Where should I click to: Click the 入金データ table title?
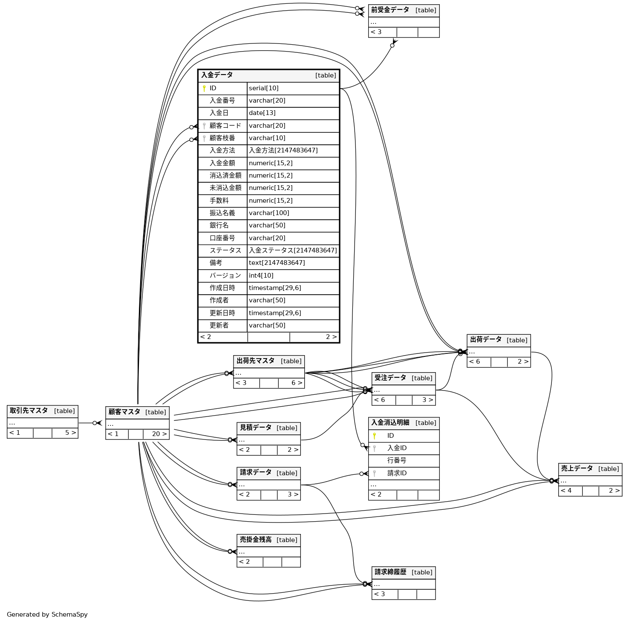(217, 75)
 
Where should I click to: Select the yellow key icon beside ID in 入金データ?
(204, 89)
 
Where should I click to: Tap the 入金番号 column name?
(222, 101)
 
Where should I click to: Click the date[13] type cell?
(262, 113)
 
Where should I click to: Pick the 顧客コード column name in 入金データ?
(225, 126)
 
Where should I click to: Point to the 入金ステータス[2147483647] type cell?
(293, 251)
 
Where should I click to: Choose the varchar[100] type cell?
(269, 213)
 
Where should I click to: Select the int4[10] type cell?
(261, 276)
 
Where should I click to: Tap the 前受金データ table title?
(390, 10)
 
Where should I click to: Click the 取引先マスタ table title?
(29, 411)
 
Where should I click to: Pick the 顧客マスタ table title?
(124, 412)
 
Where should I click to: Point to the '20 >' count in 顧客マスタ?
(159, 434)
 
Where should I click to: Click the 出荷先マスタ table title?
(255, 361)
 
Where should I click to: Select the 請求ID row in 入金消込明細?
(397, 474)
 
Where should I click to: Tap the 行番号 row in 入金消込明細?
(397, 461)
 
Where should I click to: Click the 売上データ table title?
(577, 469)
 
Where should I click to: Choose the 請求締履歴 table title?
(390, 572)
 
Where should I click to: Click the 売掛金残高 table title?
(255, 540)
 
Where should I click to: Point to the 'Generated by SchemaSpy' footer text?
(47, 614)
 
